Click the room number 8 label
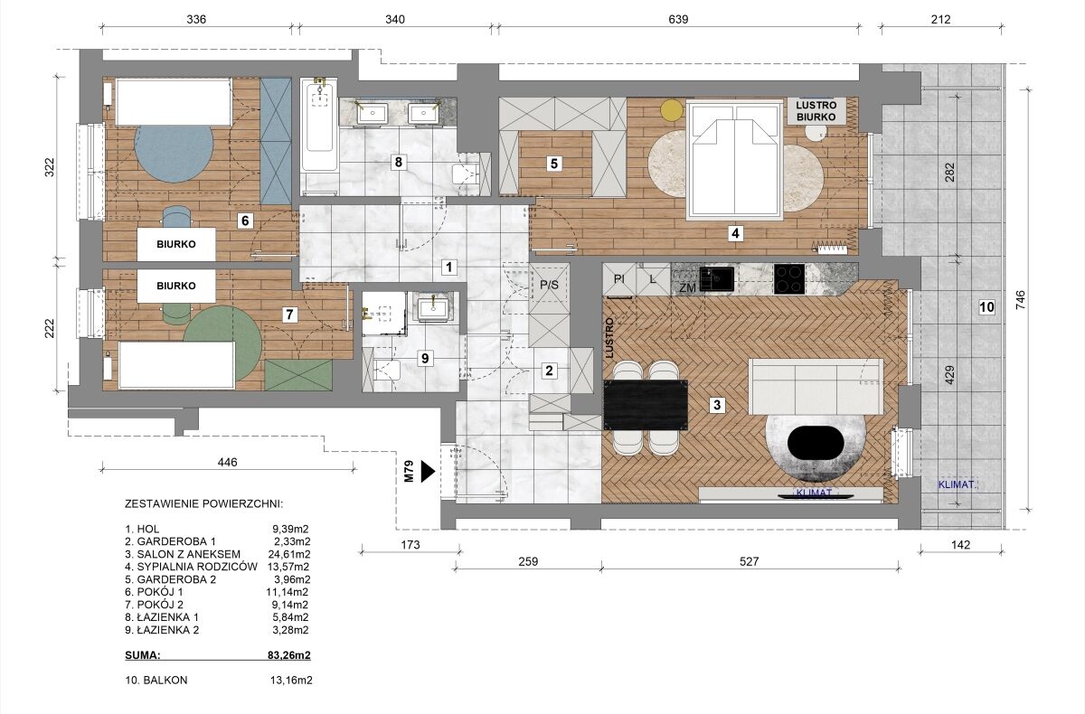pyautogui.click(x=398, y=162)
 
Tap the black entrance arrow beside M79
pyautogui.click(x=428, y=472)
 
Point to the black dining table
pyautogui.click(x=646, y=405)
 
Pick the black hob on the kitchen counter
pyautogui.click(x=789, y=279)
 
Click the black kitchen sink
pyautogui.click(x=716, y=278)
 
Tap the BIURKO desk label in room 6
pyautogui.click(x=176, y=244)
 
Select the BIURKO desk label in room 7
pyautogui.click(x=176, y=287)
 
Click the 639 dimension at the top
pyautogui.click(x=678, y=19)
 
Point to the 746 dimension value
pyautogui.click(x=1020, y=300)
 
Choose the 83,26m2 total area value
pyautogui.click(x=289, y=655)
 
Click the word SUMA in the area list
pyautogui.click(x=143, y=655)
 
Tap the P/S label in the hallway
pyautogui.click(x=550, y=285)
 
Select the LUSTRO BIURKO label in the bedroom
pyautogui.click(x=816, y=111)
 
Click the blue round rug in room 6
pyautogui.click(x=173, y=154)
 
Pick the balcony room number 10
pyautogui.click(x=986, y=307)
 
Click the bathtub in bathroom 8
pyautogui.click(x=318, y=125)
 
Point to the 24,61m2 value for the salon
pyautogui.click(x=289, y=554)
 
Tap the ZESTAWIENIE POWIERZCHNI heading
pyautogui.click(x=203, y=504)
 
